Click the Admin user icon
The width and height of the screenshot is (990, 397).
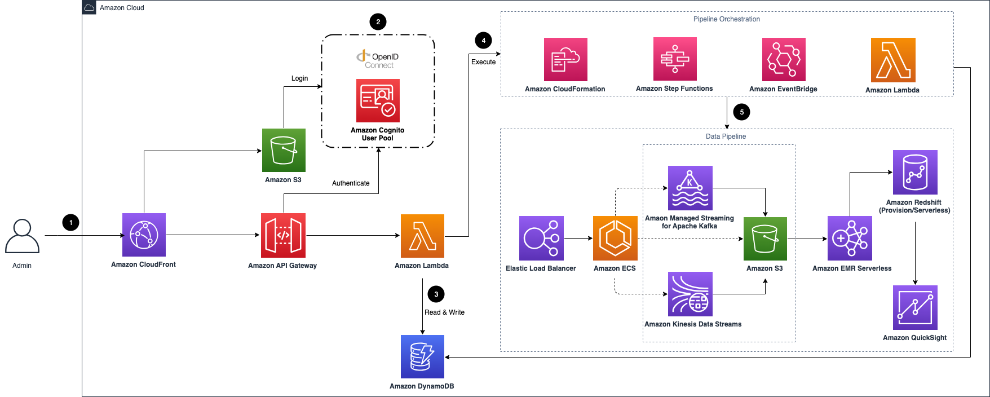(22, 236)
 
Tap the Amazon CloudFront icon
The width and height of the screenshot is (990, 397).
(144, 235)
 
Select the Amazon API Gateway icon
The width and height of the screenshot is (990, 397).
(283, 235)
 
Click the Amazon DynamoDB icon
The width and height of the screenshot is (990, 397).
(422, 356)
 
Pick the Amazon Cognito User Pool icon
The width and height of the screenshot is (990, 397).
(378, 100)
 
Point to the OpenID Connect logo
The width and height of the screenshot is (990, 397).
(378, 59)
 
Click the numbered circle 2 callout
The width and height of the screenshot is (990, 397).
(378, 22)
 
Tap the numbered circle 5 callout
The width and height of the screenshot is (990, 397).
(741, 112)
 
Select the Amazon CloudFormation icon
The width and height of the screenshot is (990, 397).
(565, 59)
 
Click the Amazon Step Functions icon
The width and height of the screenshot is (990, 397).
(675, 59)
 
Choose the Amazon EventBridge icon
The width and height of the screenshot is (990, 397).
(784, 59)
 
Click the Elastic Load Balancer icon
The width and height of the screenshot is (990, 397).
(541, 238)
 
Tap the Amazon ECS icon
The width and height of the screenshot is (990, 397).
(615, 238)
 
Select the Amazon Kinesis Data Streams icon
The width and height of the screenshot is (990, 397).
(690, 294)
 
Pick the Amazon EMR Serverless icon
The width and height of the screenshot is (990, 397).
(850, 238)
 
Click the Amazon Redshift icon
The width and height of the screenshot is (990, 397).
(915, 172)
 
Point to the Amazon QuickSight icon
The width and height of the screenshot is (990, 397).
(915, 307)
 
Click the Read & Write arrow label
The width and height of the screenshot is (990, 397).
(444, 312)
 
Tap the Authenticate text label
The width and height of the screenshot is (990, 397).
(351, 183)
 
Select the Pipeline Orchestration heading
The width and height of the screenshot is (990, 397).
(726, 19)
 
